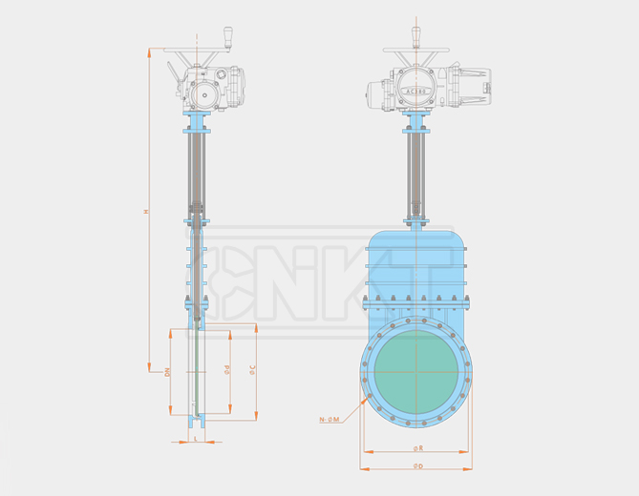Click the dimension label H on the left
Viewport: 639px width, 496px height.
click(146, 211)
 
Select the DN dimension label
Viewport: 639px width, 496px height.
click(166, 372)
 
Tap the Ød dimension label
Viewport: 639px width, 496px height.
click(226, 370)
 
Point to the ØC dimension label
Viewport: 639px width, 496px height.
click(251, 370)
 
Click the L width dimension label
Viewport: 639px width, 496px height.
click(195, 437)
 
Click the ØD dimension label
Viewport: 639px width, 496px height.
click(416, 465)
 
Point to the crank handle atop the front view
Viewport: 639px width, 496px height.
click(416, 35)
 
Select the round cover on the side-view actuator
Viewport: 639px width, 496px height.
click(203, 93)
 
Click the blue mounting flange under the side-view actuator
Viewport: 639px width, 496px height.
click(198, 123)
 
